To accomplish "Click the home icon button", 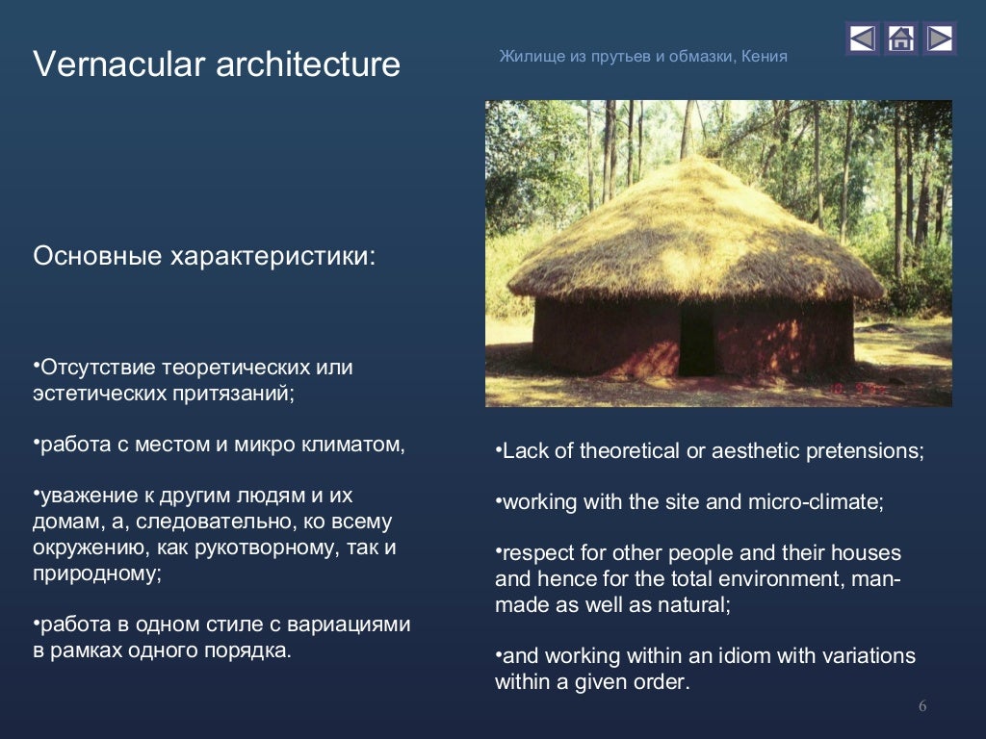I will tap(900, 38).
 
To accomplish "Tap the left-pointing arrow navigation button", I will tap(862, 38).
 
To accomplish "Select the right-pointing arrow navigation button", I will tap(939, 38).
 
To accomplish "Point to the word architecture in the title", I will tap(308, 64).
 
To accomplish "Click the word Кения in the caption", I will tap(765, 57).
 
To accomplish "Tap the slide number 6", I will tap(921, 707).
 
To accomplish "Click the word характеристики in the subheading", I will tap(273, 257).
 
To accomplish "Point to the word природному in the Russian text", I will tap(94, 573).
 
